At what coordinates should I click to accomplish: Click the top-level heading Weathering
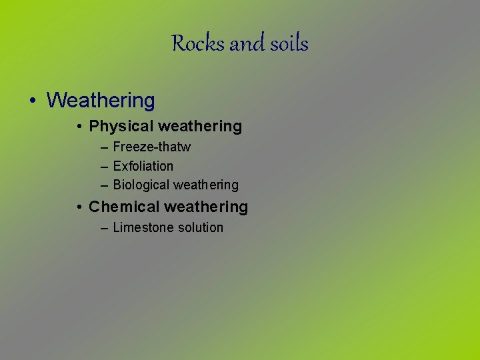101,101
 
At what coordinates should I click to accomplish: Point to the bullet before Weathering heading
33,101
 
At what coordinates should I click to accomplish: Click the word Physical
120,126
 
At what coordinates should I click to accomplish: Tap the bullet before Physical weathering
79,127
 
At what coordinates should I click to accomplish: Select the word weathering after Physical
199,126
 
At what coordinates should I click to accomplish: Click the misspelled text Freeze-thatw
152,147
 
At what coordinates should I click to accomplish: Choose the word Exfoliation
143,166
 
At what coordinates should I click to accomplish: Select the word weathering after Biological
206,185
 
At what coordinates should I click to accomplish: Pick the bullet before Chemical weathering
79,207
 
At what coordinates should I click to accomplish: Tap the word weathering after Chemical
206,207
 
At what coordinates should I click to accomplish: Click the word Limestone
141,227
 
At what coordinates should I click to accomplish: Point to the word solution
199,227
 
